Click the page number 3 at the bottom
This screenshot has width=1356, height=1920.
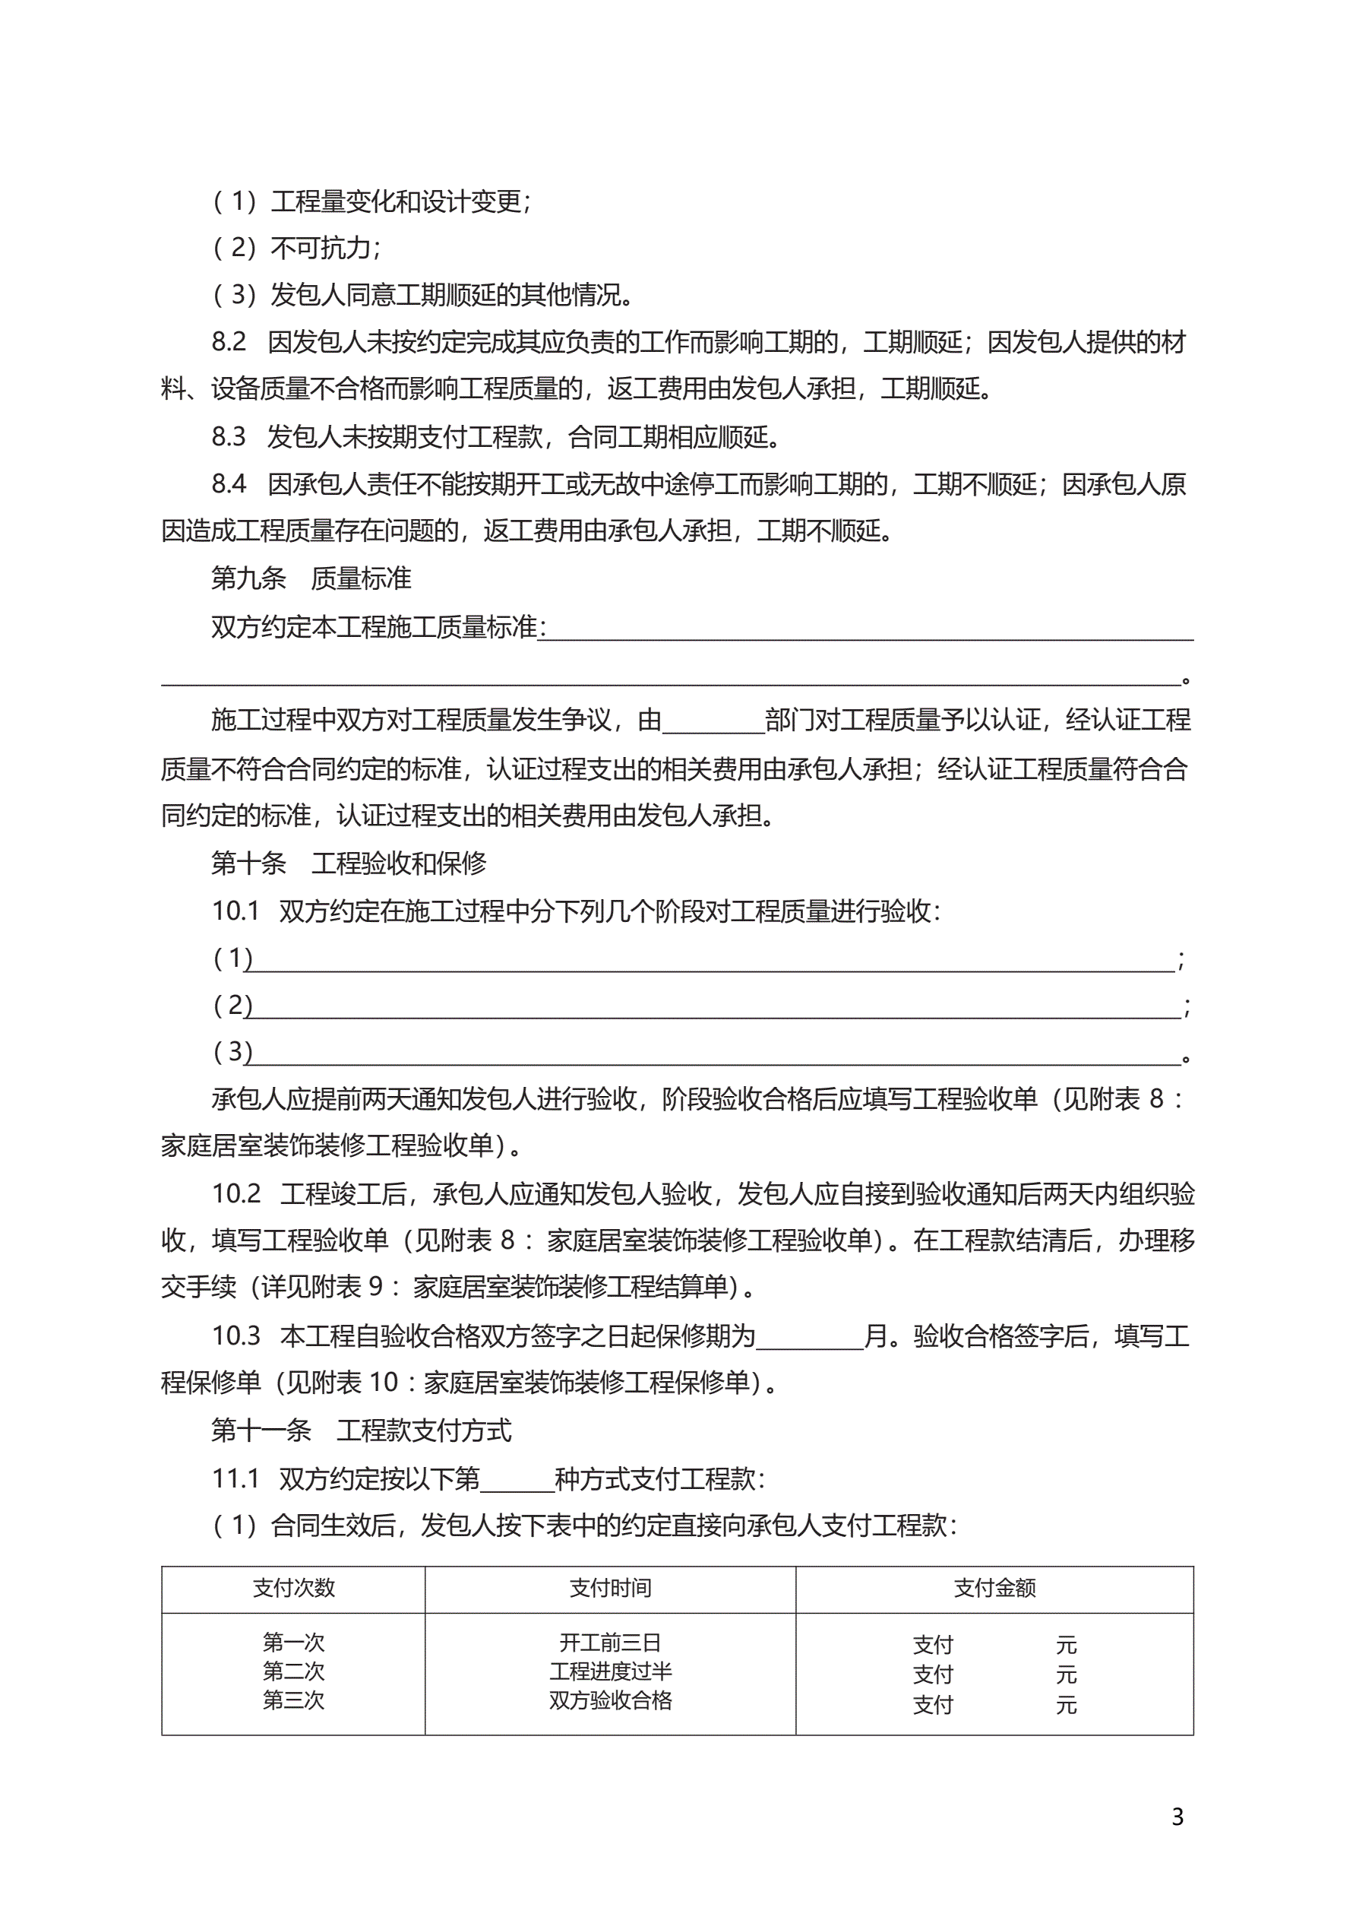tap(1177, 1817)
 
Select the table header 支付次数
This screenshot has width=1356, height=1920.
tap(293, 1588)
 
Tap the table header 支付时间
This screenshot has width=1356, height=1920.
tap(610, 1588)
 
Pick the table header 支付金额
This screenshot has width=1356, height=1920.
tap(995, 1588)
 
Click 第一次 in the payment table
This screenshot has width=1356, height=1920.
tap(293, 1643)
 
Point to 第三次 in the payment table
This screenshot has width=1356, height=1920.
tap(293, 1700)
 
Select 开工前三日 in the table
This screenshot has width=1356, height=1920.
tap(610, 1643)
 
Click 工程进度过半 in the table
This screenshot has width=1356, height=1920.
tap(610, 1671)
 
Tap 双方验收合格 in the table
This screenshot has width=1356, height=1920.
tap(610, 1700)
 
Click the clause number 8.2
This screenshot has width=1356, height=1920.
tap(228, 342)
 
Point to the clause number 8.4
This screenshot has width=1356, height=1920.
tap(228, 484)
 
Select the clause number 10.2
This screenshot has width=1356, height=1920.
tap(235, 1193)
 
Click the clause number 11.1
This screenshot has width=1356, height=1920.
tap(235, 1478)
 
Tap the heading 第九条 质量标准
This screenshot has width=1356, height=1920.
tap(311, 578)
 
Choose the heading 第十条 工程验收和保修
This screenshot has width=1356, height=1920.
tap(349, 863)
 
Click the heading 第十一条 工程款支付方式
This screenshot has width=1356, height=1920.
tap(361, 1430)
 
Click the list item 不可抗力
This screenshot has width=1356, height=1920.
tap(324, 248)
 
